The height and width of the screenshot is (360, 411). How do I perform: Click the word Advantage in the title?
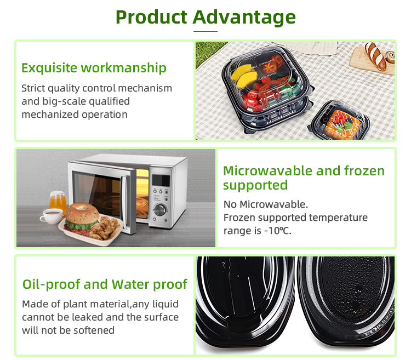point(244,17)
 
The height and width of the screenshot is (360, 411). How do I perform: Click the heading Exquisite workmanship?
point(94,68)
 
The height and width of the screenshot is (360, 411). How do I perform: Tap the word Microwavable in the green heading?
point(267,171)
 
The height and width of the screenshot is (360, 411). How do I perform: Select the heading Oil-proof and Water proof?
point(105,284)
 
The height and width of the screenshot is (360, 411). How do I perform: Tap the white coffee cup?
point(52,216)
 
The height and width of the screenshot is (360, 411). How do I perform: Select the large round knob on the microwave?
point(159,210)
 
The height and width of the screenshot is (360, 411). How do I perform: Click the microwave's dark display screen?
point(161,180)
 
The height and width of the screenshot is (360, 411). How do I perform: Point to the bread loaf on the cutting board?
point(376,56)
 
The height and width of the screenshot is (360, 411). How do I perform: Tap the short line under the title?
point(206,31)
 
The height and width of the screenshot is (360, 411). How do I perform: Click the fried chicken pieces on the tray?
point(104,227)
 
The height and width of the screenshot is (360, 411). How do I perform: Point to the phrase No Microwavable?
point(266,204)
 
